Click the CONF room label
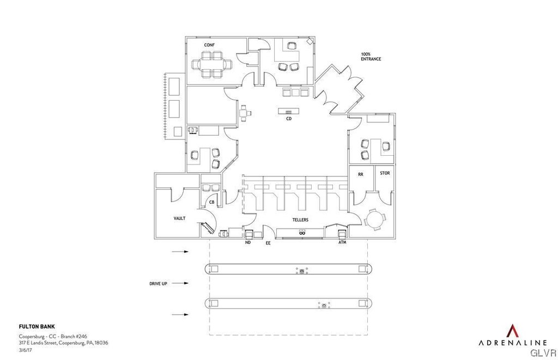point(209,44)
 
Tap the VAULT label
point(179,218)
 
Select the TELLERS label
point(300,219)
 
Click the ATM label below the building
point(342,243)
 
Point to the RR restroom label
point(360,174)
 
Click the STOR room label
point(385,173)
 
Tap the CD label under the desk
point(289,118)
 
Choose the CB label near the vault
point(211,202)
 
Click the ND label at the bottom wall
point(248,243)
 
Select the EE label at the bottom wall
point(268,243)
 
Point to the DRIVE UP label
point(158,284)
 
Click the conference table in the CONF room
point(210,63)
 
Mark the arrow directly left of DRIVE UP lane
point(180,283)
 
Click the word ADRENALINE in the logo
point(512,343)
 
